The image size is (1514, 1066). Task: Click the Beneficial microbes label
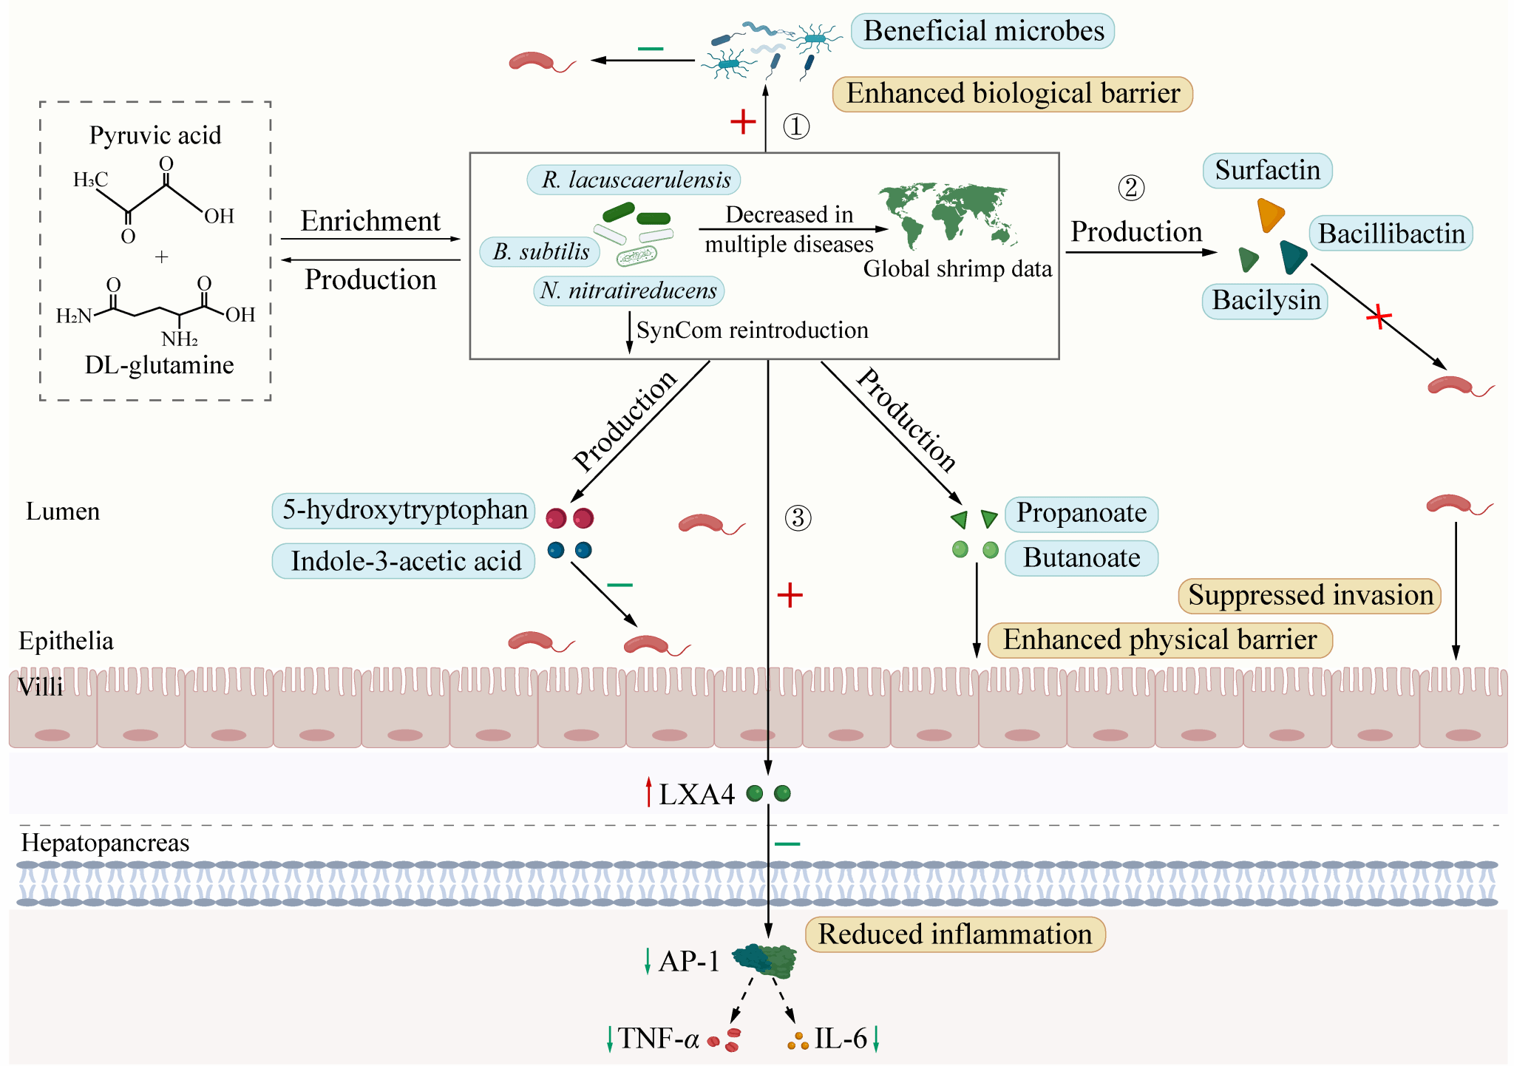982,31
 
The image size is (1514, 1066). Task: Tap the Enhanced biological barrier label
1012,94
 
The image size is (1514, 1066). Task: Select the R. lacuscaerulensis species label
634,180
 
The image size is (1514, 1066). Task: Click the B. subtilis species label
540,251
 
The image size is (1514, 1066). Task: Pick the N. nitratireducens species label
628,291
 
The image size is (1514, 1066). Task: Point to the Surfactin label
1267,171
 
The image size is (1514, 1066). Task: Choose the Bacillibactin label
1391,234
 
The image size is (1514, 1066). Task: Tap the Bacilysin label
1266,301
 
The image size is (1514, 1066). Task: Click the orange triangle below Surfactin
1270,214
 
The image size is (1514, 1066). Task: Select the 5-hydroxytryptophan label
404,510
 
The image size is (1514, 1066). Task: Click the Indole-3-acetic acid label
404,561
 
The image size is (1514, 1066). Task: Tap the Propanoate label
1081,513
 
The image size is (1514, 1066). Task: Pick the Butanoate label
1081,558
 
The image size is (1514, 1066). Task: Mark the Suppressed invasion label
1310,596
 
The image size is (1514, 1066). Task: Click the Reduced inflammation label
954,934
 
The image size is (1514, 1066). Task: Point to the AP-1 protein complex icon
765,960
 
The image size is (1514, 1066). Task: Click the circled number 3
798,517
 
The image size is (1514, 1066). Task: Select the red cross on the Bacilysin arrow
1379,318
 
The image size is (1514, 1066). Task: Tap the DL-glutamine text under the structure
159,365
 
